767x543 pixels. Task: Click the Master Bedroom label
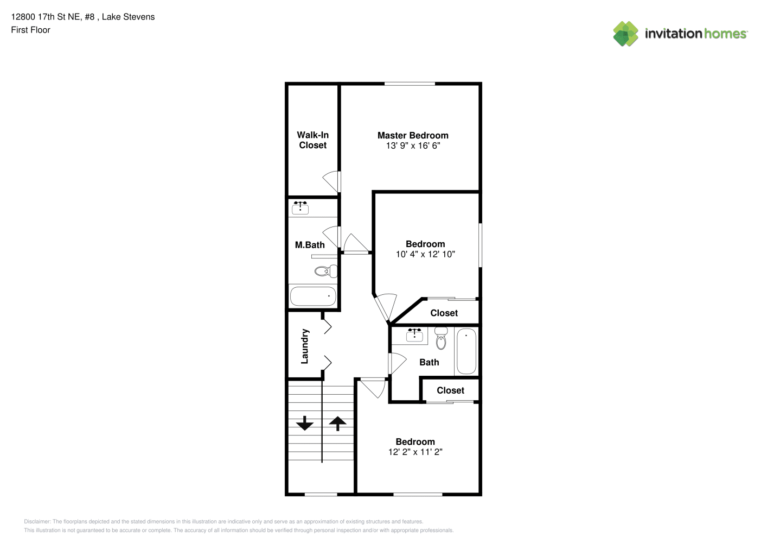[x=413, y=135]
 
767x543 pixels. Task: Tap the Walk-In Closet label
[x=312, y=140]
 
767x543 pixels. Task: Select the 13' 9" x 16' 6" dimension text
[x=413, y=146]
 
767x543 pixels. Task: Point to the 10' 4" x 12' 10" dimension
[x=425, y=254]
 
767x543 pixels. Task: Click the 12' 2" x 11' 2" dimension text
[x=415, y=452]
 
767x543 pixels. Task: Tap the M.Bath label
[x=310, y=245]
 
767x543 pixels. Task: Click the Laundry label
[x=304, y=346]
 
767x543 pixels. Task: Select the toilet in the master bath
[x=326, y=271]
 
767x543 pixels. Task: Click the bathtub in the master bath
[x=313, y=296]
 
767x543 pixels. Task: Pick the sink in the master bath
[x=301, y=208]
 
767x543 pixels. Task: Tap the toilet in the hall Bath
[x=441, y=338]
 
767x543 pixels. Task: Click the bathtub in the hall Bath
[x=466, y=351]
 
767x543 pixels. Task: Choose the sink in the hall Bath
[x=414, y=334]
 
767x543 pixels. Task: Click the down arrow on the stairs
[x=305, y=424]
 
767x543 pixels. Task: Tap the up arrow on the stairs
[x=337, y=424]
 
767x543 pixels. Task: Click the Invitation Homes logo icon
[x=625, y=34]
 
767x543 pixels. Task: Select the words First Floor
[x=30, y=30]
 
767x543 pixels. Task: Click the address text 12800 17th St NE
[x=46, y=17]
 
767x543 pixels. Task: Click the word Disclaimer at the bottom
[x=37, y=521]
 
